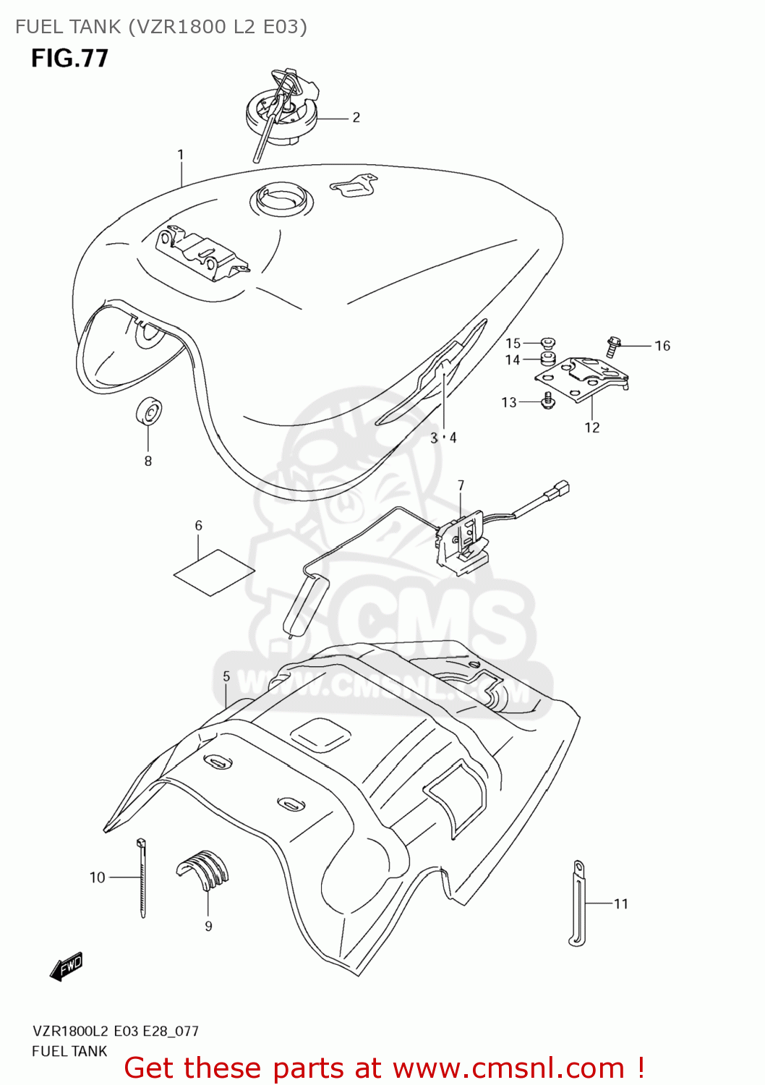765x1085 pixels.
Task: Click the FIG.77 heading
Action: tap(69, 58)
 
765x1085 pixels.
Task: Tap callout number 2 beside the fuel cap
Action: tap(356, 117)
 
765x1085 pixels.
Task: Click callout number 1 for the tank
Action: tap(180, 154)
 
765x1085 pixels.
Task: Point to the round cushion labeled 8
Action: tap(149, 413)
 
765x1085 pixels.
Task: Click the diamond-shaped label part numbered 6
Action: tap(214, 572)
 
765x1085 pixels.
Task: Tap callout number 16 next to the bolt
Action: tap(662, 346)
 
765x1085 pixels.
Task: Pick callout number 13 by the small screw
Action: tap(509, 402)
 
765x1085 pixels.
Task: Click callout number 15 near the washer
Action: tap(513, 343)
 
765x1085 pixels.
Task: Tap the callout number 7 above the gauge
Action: tap(461, 485)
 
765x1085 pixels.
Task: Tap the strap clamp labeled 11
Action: tap(578, 902)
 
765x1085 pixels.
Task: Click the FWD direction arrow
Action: tap(67, 967)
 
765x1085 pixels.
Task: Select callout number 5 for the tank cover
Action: tap(226, 676)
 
